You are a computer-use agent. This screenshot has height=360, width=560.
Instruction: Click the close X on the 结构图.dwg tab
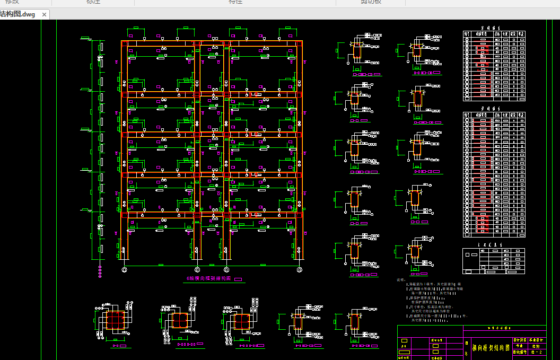click(44, 14)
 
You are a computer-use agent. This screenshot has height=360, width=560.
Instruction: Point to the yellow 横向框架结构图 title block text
click(491, 348)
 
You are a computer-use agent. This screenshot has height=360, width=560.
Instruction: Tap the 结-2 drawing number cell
click(537, 352)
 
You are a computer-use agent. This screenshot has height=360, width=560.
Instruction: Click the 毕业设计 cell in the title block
click(537, 340)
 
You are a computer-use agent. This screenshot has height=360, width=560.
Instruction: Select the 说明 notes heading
click(400, 279)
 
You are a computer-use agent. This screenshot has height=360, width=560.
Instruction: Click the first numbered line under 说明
click(430, 285)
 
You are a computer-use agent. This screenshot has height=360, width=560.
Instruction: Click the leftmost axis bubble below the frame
click(124, 269)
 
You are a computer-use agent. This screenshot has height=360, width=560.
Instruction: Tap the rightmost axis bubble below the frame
click(300, 269)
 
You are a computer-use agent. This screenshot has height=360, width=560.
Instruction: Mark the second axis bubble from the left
click(197, 269)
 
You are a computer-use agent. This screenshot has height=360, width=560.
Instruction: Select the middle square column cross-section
click(180, 321)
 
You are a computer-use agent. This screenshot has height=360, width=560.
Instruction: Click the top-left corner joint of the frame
click(125, 43)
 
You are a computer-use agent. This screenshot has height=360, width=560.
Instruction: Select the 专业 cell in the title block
click(519, 346)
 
